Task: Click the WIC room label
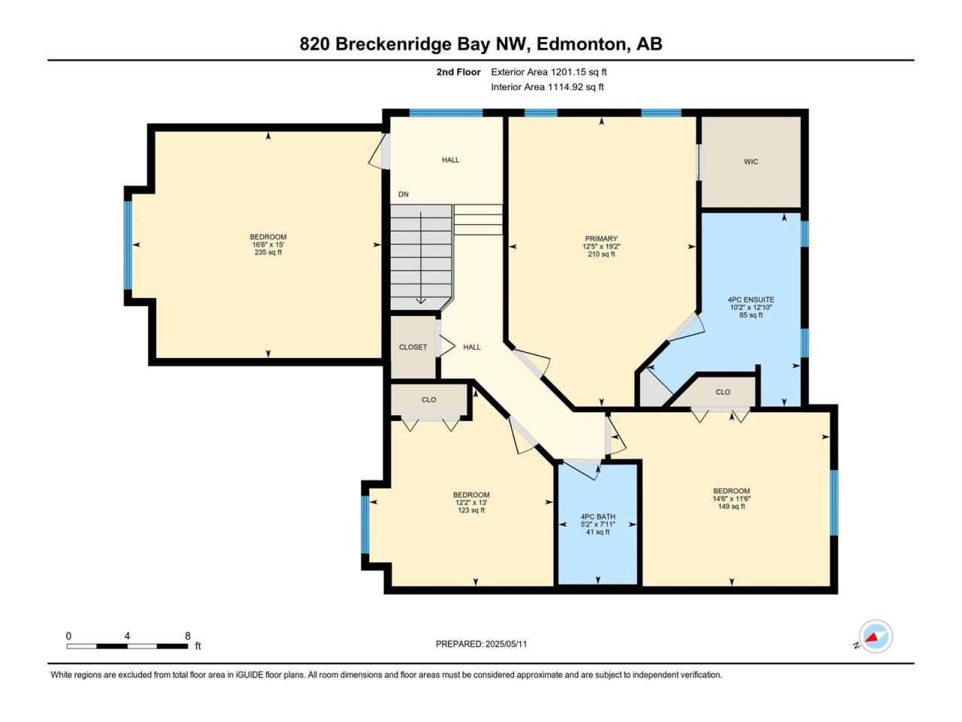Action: (751, 162)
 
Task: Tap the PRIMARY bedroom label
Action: (600, 238)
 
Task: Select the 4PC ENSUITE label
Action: (751, 299)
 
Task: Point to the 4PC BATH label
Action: (597, 517)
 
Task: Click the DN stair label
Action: (403, 194)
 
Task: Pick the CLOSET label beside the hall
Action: (413, 347)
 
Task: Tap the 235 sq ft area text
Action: (268, 253)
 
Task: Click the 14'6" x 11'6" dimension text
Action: (731, 499)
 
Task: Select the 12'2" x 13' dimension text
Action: (471, 502)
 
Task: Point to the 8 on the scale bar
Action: (188, 636)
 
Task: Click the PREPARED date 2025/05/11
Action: (507, 644)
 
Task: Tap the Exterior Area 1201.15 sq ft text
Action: (549, 72)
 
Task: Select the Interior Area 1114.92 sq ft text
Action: (547, 86)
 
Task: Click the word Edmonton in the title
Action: (582, 44)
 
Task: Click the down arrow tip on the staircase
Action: (421, 303)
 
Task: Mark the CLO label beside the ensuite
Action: (723, 392)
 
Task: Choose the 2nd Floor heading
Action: (458, 72)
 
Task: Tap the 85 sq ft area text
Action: (751, 315)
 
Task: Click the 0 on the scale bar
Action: (69, 636)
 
